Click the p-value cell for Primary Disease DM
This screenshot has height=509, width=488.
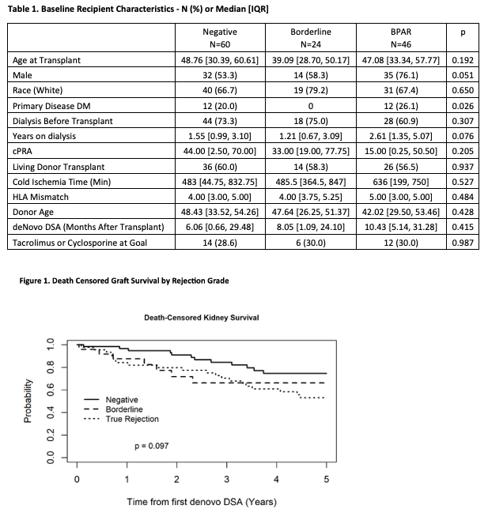click(x=463, y=106)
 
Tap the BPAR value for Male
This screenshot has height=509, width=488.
click(x=401, y=75)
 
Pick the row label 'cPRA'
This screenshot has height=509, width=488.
click(x=22, y=151)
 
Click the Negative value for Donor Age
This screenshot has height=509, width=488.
click(x=220, y=212)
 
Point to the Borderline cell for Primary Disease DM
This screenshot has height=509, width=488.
click(x=311, y=106)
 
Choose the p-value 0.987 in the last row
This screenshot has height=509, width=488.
click(x=463, y=243)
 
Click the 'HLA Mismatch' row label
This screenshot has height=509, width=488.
click(x=40, y=197)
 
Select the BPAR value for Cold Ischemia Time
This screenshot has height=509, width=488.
click(x=401, y=182)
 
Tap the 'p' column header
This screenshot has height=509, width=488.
click(x=463, y=32)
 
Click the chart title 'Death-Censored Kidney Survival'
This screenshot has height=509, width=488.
click(x=202, y=318)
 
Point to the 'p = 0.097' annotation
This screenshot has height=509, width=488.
click(x=152, y=446)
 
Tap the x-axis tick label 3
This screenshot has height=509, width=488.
click(x=227, y=480)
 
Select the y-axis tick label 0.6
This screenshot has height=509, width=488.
click(x=51, y=390)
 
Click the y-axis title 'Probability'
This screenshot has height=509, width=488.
click(x=28, y=401)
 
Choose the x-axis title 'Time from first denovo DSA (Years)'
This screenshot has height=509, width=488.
click(x=202, y=502)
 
